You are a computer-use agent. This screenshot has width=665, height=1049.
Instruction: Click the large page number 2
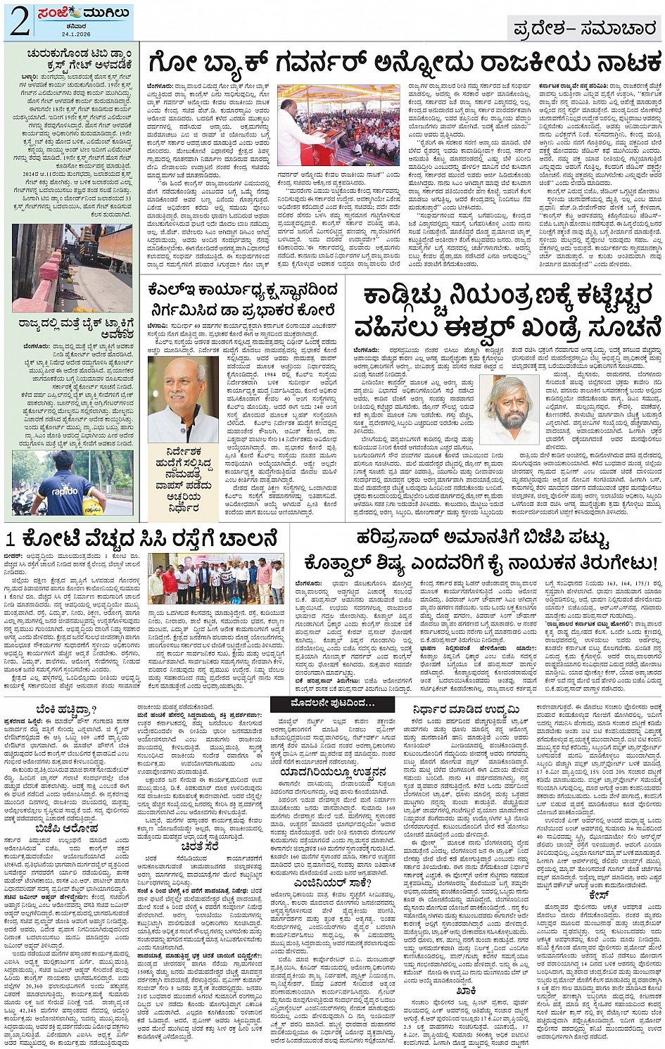click(19, 22)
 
